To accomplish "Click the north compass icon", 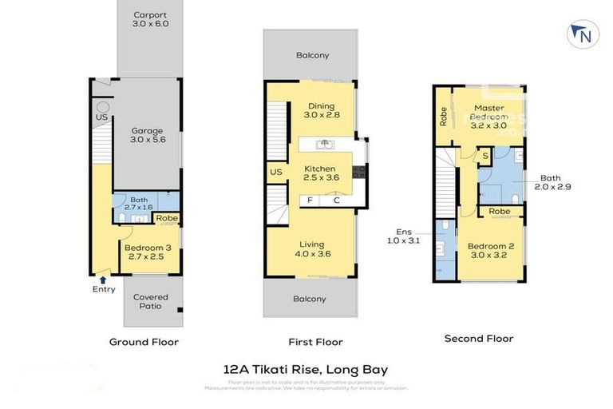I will pos(583,34).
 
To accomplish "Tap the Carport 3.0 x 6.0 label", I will pos(150,19).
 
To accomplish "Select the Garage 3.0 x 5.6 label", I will pos(147,136).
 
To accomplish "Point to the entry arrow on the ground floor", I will pos(102,279).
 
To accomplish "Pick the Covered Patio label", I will pos(150,301).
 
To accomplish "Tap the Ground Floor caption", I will pos(144,342).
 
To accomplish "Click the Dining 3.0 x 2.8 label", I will pos(322,110).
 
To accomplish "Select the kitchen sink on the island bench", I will pos(324,145).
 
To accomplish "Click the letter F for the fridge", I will pos(310,200).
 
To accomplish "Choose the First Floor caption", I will pos(317,342).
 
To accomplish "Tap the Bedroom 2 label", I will pos(490,251).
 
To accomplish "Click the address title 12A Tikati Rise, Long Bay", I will pos(306,370).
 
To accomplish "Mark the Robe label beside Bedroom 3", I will pos(167,218).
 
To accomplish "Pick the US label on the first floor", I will pos(276,172).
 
